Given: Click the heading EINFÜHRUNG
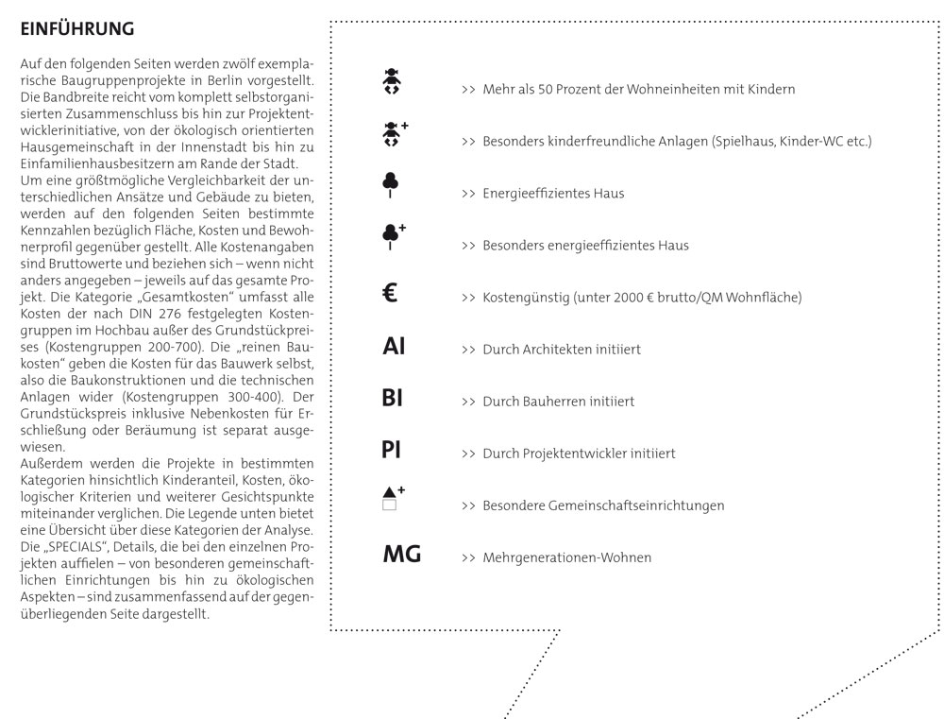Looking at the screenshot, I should (77, 30).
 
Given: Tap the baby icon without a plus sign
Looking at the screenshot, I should (389, 84).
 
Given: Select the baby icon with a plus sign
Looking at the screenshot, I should (392, 137).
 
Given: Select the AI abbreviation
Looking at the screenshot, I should (394, 347).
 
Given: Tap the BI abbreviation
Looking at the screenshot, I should (392, 399).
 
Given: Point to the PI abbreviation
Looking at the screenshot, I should (392, 451).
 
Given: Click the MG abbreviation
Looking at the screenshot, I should (401, 555).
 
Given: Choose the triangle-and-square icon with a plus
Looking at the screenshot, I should (392, 499).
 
